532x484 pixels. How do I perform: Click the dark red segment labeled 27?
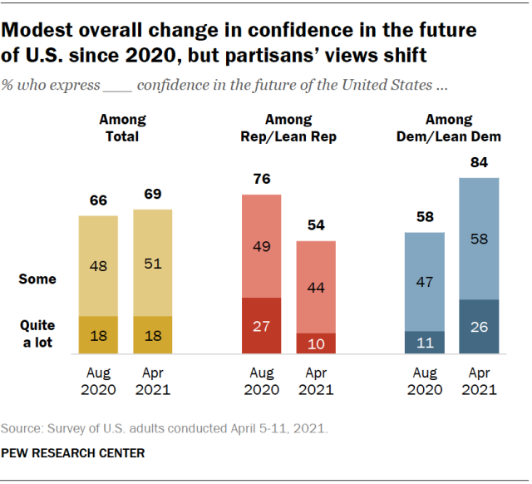(x=261, y=325)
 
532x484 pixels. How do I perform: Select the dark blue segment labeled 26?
(x=479, y=327)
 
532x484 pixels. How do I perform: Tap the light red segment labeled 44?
(x=316, y=287)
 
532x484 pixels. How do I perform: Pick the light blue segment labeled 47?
(x=425, y=282)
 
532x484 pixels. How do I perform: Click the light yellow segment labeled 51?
(x=153, y=263)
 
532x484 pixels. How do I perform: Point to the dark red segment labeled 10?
(x=316, y=343)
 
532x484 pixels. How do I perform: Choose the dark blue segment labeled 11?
(x=425, y=343)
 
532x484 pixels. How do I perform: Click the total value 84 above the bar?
(x=479, y=162)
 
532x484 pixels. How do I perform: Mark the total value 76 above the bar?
(x=262, y=179)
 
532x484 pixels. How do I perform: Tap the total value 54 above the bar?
(x=316, y=225)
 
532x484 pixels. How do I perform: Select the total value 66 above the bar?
(x=98, y=200)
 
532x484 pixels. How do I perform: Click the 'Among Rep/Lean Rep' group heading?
(x=288, y=128)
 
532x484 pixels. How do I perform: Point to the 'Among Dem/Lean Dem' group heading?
(x=449, y=128)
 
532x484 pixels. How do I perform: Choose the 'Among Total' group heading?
(x=122, y=128)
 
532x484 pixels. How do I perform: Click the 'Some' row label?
(x=37, y=279)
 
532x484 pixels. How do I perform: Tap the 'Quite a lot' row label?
(x=37, y=333)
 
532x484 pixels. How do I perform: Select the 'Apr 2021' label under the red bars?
(x=316, y=381)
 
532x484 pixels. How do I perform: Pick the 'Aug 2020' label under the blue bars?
(x=425, y=381)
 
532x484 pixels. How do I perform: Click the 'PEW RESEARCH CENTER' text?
(x=73, y=453)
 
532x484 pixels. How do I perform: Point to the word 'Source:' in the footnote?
(x=22, y=428)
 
